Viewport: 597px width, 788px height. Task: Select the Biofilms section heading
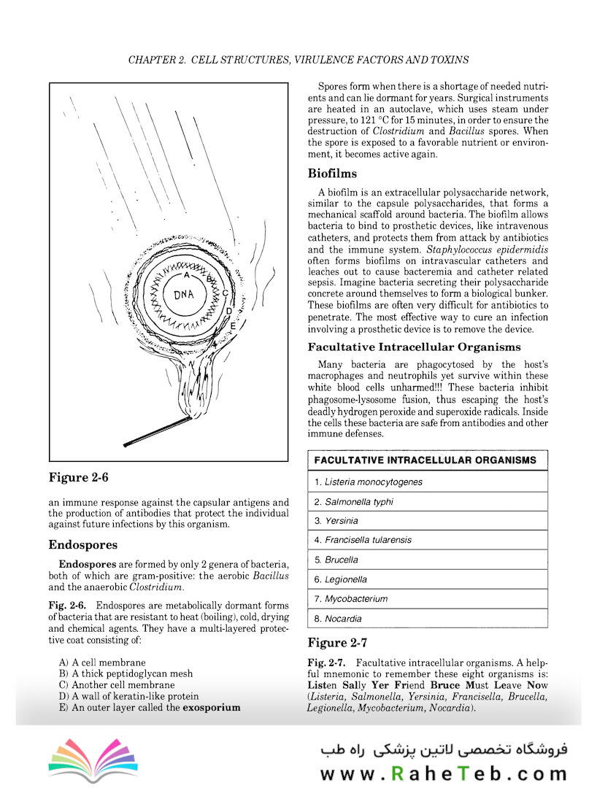pyautogui.click(x=332, y=174)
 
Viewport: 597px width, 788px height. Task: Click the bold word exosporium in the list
pyautogui.click(x=211, y=708)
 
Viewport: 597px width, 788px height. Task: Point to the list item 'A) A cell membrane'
pyautogui.click(x=101, y=662)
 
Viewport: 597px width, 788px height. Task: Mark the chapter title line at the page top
pyautogui.click(x=298, y=59)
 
